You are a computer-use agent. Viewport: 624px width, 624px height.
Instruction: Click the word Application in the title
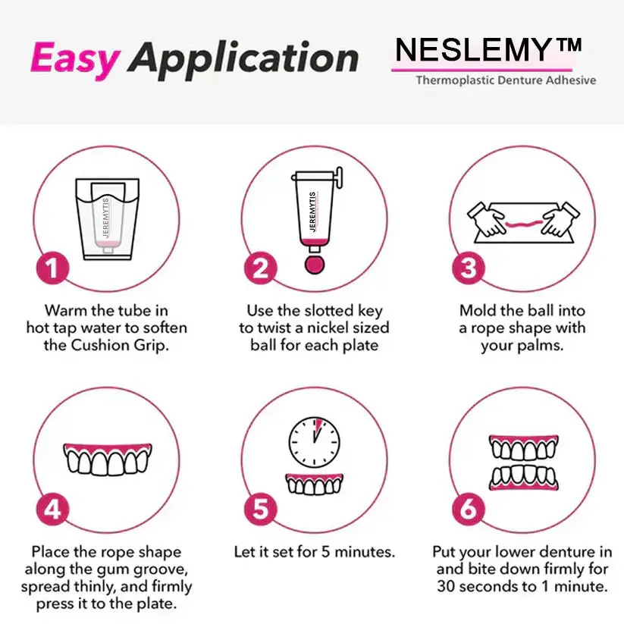pos(243,59)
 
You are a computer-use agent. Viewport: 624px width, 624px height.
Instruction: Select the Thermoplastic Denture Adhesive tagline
pos(505,80)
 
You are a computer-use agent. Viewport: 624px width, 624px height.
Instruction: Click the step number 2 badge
pos(260,268)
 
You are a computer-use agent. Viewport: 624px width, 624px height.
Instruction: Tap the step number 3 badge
pos(469,268)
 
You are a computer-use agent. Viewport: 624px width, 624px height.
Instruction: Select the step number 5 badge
pos(260,509)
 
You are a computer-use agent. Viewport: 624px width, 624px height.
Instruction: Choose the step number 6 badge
pos(469,509)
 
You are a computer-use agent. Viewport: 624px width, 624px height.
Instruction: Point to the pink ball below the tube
pos(312,264)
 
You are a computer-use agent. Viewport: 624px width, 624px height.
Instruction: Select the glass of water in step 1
pos(108,217)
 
